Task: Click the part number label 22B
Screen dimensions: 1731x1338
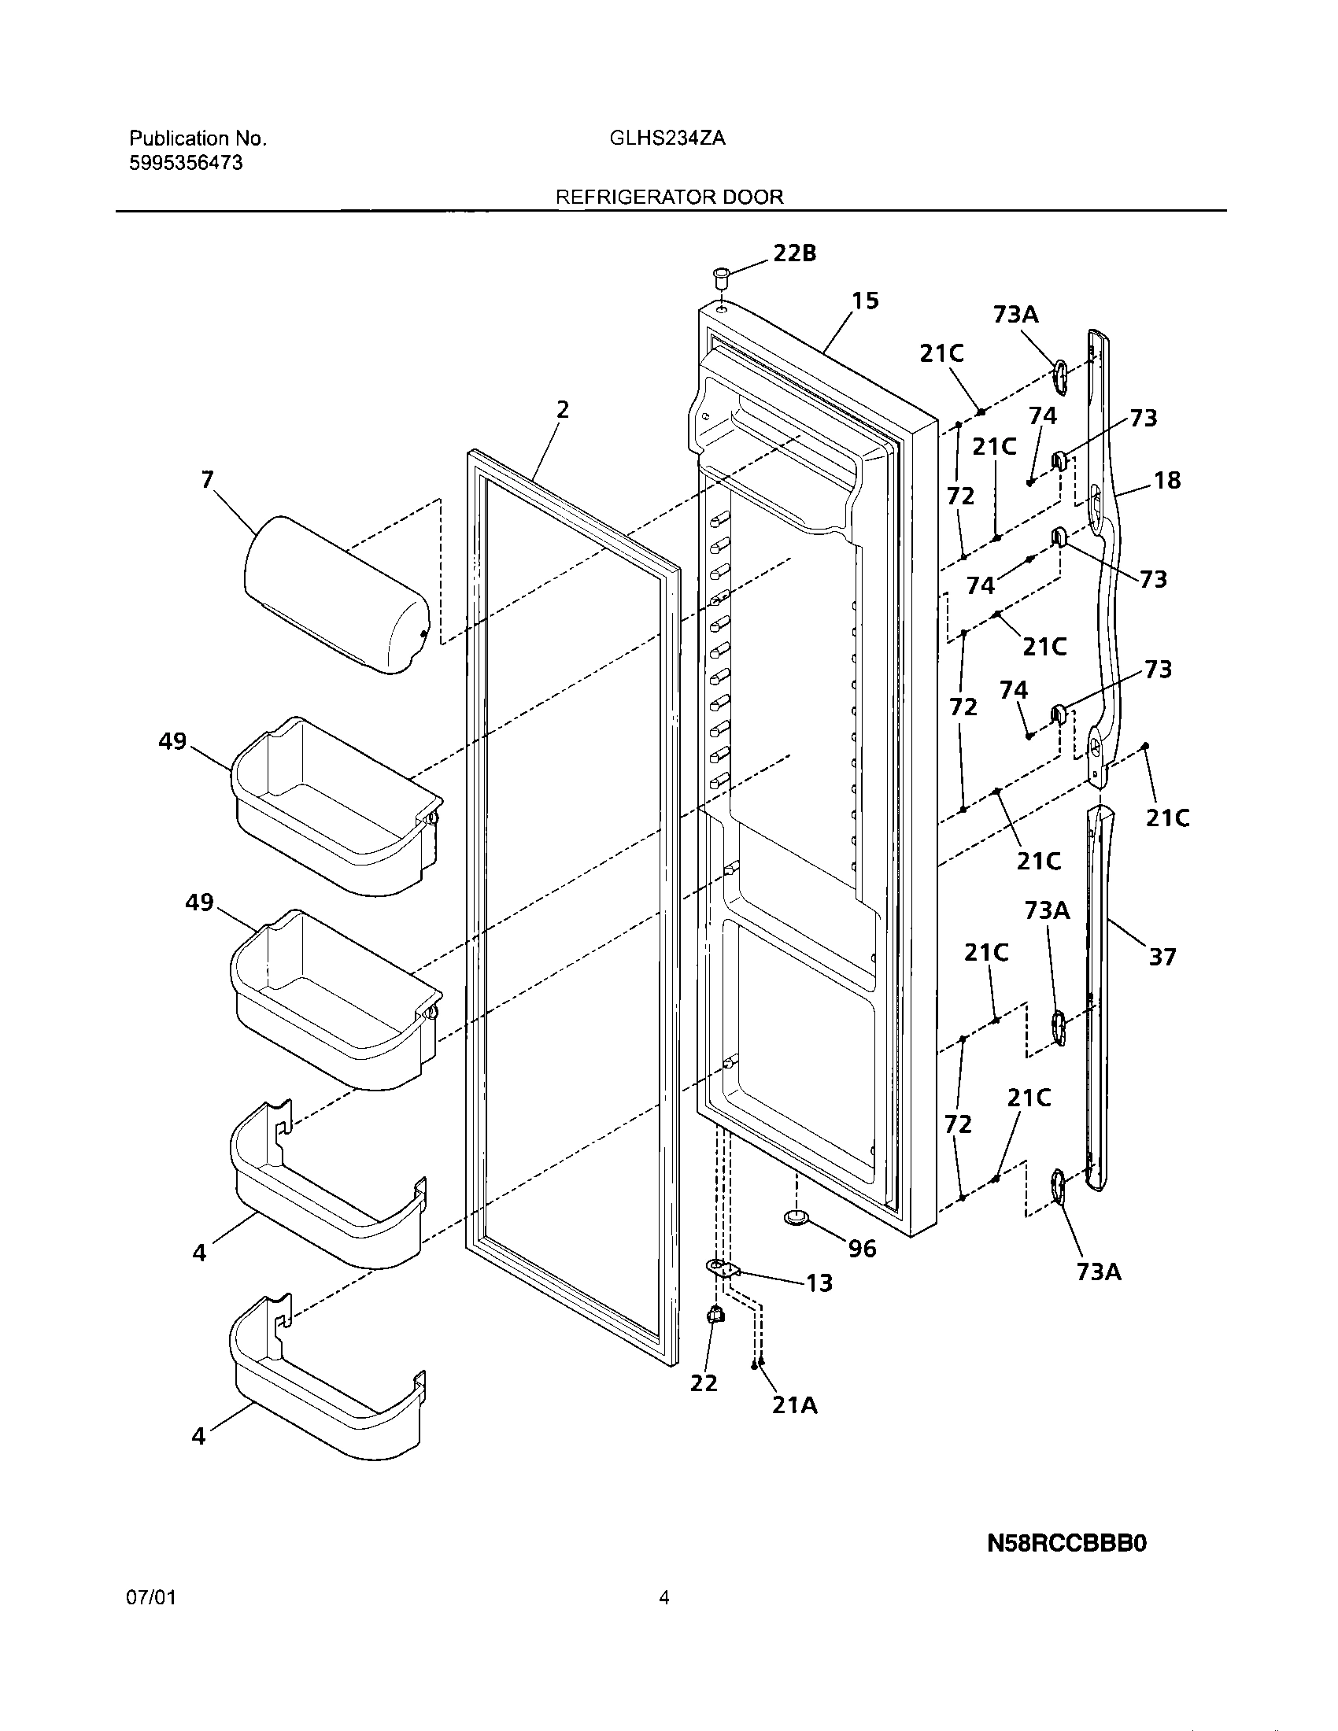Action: [x=794, y=253]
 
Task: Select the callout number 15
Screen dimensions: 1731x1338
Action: [x=865, y=301]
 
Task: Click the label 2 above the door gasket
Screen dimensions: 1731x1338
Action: [x=562, y=409]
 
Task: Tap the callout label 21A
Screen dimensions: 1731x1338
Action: [x=794, y=1404]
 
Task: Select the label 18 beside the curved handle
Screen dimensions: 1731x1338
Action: [x=1167, y=479]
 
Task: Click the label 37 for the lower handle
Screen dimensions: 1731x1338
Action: [x=1162, y=957]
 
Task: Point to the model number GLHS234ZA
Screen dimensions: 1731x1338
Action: [x=667, y=138]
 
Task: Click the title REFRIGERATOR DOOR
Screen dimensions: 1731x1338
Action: [x=669, y=197]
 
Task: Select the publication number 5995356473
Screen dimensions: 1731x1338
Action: [x=186, y=164]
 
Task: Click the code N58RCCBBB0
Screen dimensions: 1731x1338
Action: [x=1067, y=1544]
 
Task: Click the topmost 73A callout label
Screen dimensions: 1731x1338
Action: [x=1015, y=315]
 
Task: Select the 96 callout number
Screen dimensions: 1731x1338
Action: [x=863, y=1249]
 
